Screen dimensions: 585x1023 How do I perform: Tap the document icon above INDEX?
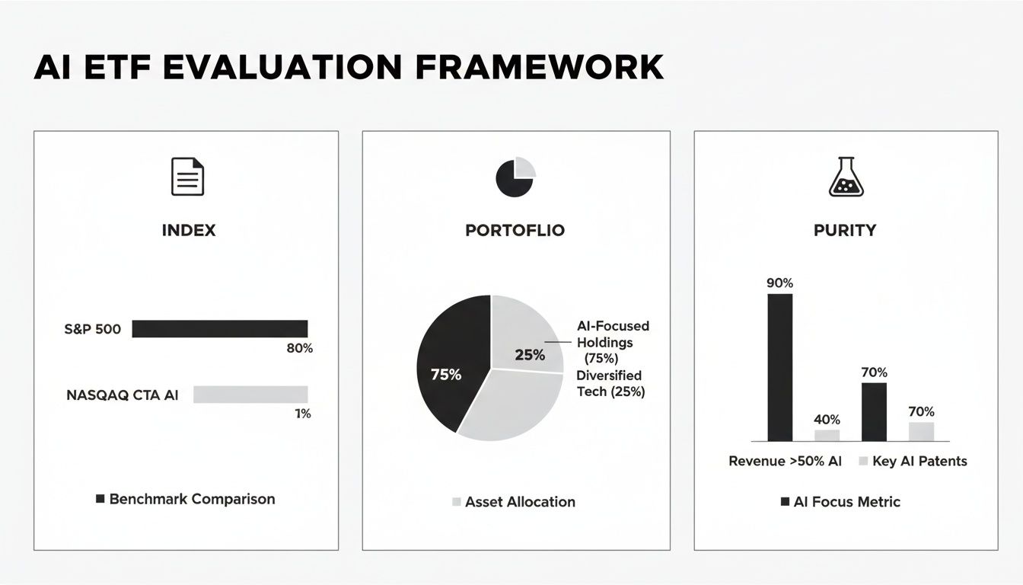point(186,177)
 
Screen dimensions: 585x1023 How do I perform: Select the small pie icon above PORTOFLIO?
point(515,177)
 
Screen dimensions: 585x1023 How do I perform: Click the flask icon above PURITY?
point(844,176)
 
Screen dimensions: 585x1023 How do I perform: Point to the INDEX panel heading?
point(189,230)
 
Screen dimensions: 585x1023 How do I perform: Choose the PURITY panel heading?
point(845,230)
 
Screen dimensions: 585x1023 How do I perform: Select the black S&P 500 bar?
point(220,328)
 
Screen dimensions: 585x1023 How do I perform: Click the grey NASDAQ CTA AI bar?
point(250,394)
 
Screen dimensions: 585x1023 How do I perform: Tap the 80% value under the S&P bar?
point(299,348)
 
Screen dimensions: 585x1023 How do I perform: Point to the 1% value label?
point(303,414)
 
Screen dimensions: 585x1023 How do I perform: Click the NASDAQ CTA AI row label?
point(123,395)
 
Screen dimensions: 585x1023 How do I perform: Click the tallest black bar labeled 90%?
point(779,367)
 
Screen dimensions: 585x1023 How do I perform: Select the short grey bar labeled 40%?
point(827,435)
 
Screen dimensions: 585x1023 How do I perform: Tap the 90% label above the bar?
point(779,283)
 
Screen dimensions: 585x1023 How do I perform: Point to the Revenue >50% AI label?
point(785,461)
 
